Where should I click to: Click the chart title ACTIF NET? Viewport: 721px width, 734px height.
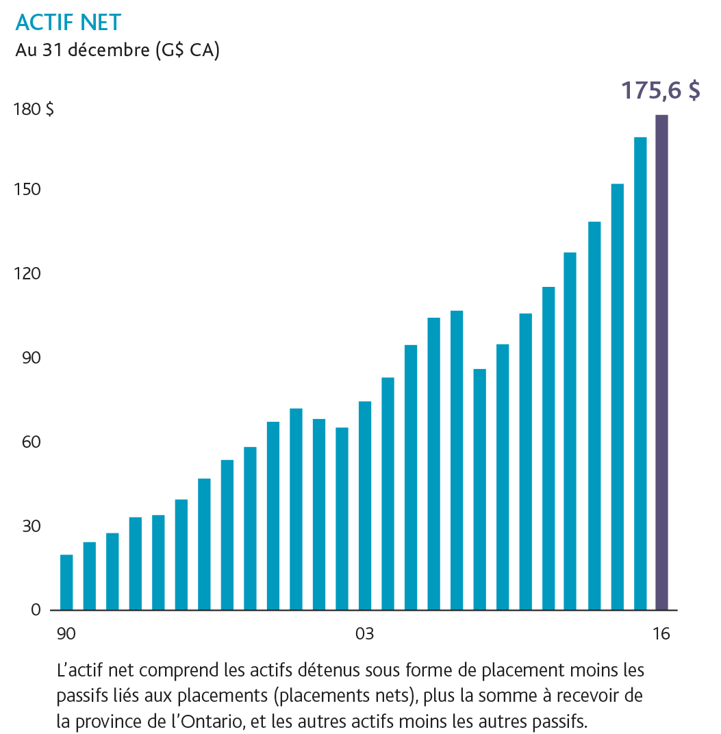coord(68,23)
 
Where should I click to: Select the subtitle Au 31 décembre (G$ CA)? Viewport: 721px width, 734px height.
coord(117,51)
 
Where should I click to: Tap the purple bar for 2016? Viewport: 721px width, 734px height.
coord(661,362)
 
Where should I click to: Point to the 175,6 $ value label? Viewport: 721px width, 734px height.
coord(660,91)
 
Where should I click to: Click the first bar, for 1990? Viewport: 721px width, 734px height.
coord(66,582)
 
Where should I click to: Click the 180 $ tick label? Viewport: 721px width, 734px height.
coord(34,109)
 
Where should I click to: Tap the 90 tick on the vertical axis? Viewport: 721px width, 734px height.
coord(30,358)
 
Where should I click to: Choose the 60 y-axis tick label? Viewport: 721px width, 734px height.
coord(30,442)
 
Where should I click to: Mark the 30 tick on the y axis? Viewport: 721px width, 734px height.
coord(30,527)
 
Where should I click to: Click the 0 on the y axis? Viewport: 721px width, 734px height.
coord(36,610)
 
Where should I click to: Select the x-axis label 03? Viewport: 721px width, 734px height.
coord(364,634)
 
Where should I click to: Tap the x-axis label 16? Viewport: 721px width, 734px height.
coord(661,634)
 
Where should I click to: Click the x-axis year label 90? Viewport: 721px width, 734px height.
coord(66,634)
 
